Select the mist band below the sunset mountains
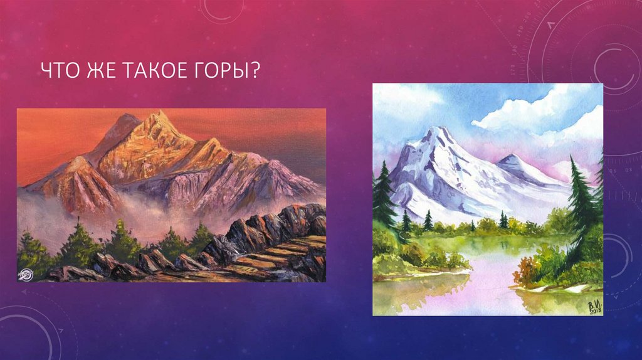125,210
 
